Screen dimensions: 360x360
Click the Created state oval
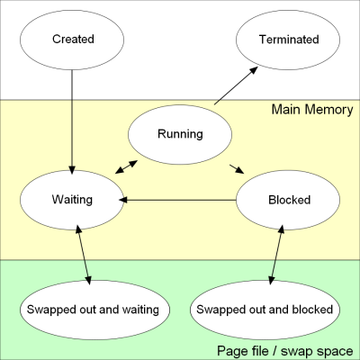pos(72,40)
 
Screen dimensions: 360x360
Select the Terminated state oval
pos(288,40)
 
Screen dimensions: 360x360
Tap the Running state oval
pos(180,134)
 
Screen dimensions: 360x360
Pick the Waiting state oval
pos(72,200)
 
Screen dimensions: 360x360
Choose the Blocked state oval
pos(288,200)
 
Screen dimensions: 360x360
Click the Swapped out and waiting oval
pos(94,310)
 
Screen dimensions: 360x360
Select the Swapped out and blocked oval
pos(265,310)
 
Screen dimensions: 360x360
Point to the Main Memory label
pos(312,110)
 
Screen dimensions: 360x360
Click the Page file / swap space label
pos(285,351)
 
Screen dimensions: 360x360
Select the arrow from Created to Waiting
pos(72,121)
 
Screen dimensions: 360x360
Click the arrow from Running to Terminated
pos(236,85)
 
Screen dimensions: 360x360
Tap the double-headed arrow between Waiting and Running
pos(126,167)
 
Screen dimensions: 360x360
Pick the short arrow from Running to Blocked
pos(237,169)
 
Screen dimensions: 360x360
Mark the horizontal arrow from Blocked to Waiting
pos(177,200)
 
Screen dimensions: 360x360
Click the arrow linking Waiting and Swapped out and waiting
pos(84,255)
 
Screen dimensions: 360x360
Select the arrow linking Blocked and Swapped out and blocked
pos(276,255)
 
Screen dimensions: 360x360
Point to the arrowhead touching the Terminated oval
pos(254,70)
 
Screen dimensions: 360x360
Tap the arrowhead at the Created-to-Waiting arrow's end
pos(72,170)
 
